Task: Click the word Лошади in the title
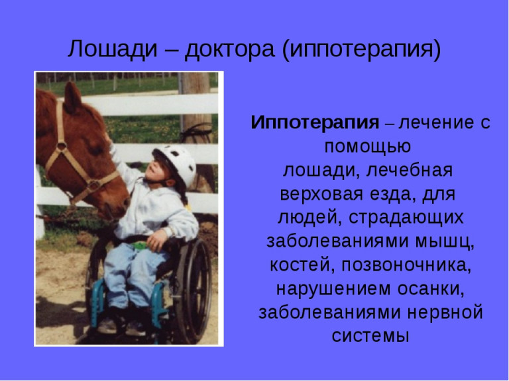(x=112, y=50)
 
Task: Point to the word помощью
(x=368, y=147)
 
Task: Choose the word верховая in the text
(x=321, y=194)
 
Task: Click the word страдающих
(x=406, y=218)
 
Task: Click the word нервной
(x=445, y=313)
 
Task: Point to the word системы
(x=370, y=336)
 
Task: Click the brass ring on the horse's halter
(x=62, y=146)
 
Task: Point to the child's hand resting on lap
(x=156, y=239)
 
